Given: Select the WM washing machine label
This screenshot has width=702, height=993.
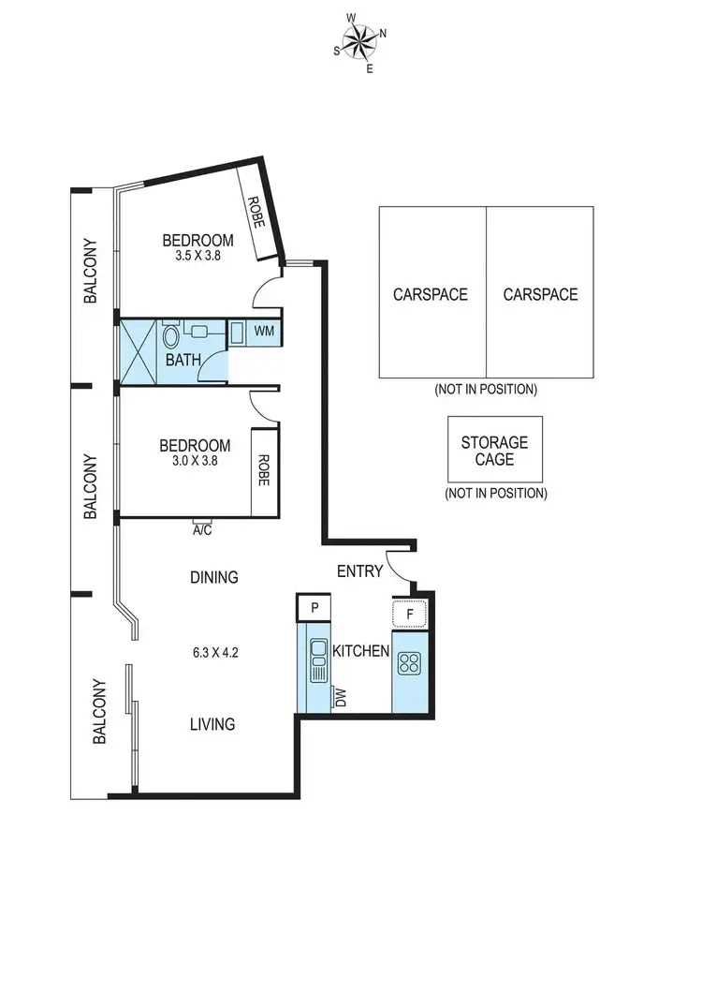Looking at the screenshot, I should (264, 332).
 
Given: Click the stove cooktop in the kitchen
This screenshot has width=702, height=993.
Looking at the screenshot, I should (409, 663).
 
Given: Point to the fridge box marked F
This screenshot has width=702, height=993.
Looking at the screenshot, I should (409, 615).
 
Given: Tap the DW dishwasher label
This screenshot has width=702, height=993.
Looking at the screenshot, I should (340, 697).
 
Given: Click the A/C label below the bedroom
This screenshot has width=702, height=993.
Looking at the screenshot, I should (201, 529).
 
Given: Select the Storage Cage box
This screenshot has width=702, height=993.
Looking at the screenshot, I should (494, 450).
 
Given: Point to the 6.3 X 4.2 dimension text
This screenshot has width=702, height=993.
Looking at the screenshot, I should (212, 653).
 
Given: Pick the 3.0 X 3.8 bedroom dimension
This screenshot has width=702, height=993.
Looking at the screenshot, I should (195, 460).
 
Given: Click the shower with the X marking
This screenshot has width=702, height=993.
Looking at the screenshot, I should (137, 352).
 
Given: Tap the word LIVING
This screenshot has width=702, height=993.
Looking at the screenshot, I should (212, 724).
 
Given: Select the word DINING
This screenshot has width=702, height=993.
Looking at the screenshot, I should (214, 577).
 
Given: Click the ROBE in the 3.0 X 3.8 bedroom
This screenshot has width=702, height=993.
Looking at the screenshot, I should (264, 471).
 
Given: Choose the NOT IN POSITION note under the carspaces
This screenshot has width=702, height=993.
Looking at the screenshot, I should (485, 389).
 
